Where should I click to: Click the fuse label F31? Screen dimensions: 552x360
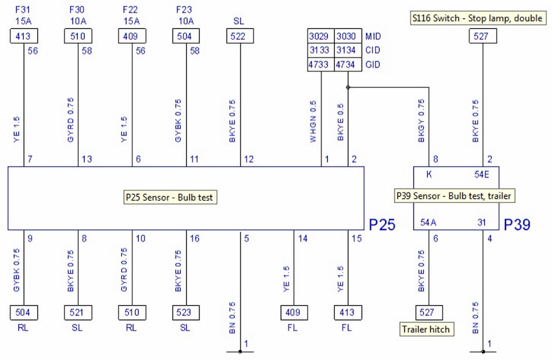(22, 10)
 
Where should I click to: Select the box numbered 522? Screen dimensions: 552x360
(240, 36)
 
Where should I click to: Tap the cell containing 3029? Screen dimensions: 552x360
(320, 36)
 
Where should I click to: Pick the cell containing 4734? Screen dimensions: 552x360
(348, 64)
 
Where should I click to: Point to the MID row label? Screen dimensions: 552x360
(373, 36)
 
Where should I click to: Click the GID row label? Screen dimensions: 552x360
(373, 65)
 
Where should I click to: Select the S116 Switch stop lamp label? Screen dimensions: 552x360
(478, 18)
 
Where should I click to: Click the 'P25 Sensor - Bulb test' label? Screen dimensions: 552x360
(170, 197)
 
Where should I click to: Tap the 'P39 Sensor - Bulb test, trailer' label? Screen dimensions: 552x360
(454, 196)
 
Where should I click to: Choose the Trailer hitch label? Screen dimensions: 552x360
(426, 329)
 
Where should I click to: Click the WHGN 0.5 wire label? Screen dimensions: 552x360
(313, 121)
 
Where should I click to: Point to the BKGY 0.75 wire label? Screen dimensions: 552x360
(421, 121)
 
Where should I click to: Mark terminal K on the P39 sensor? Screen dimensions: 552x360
(429, 175)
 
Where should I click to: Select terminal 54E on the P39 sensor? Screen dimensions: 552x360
(482, 175)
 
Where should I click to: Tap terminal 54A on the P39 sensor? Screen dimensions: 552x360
(428, 223)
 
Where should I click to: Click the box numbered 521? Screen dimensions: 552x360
(78, 312)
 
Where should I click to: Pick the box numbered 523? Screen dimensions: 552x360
(186, 312)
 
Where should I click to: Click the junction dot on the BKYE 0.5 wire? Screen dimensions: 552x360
(348, 87)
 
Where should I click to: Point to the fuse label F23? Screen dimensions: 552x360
(185, 10)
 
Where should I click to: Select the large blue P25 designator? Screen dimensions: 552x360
(382, 225)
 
